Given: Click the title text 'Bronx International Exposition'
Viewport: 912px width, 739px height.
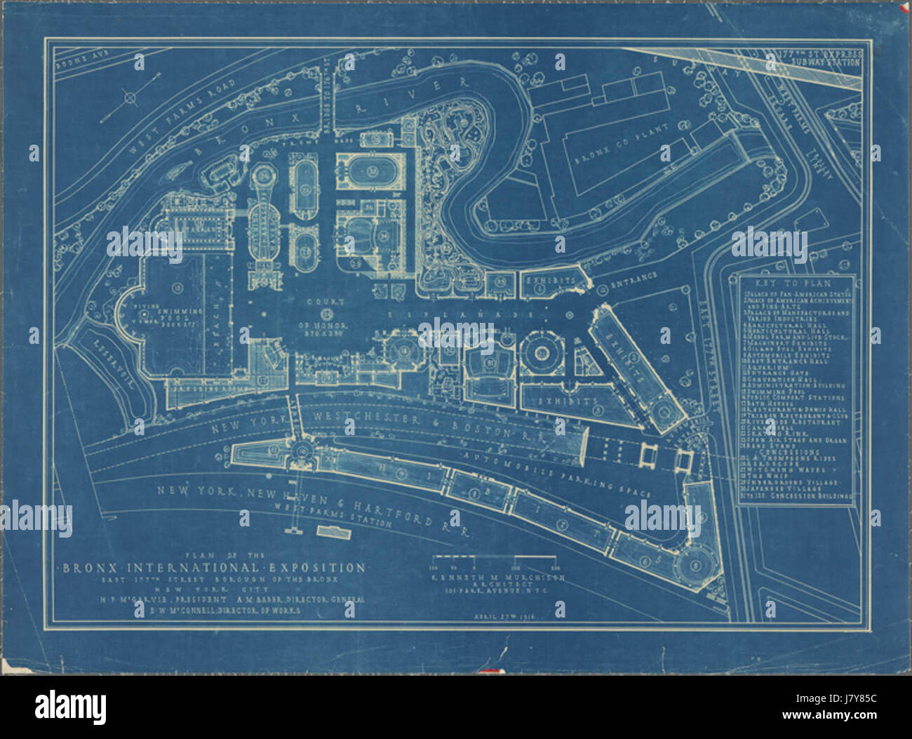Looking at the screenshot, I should click(213, 567).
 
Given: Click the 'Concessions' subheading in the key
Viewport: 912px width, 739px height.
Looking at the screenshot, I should click(796, 450).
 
